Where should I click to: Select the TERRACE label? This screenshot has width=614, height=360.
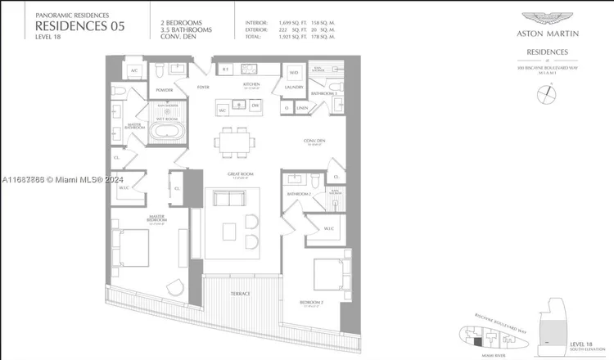(x=241, y=293)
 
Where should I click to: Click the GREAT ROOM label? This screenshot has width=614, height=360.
(x=239, y=174)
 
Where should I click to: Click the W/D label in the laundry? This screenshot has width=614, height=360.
(x=293, y=71)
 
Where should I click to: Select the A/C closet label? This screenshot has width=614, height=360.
(x=133, y=71)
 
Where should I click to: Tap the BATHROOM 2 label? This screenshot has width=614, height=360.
(x=297, y=193)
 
